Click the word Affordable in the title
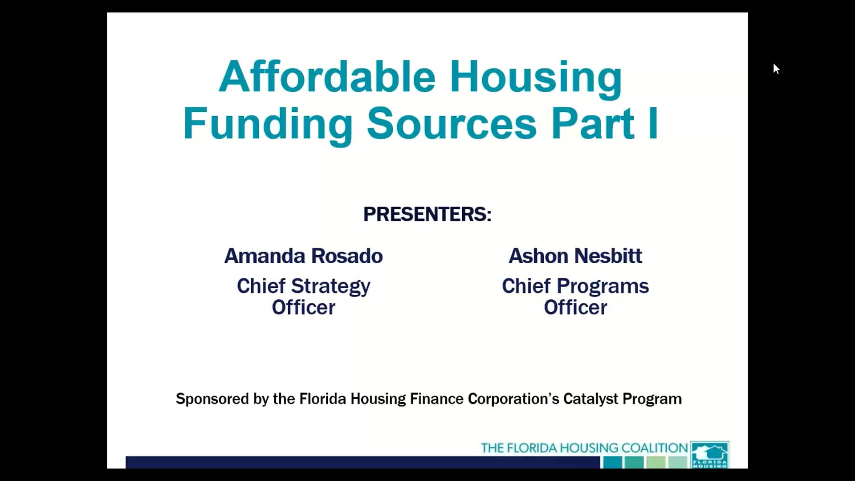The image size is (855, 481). coord(327,77)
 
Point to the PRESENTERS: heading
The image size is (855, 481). coord(427,214)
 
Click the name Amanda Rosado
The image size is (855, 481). coord(303,256)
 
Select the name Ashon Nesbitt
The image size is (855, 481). coord(575,256)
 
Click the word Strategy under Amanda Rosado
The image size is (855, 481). coord(330,286)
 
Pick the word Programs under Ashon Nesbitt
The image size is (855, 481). coord(603,286)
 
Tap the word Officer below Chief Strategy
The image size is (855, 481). coord(303,307)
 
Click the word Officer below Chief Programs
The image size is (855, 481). coord(575,307)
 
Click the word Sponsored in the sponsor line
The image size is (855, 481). coord(212,399)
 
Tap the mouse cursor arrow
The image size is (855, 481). coord(776,69)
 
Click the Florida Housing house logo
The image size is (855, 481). coord(710,454)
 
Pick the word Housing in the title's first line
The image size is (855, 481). coord(535,77)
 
